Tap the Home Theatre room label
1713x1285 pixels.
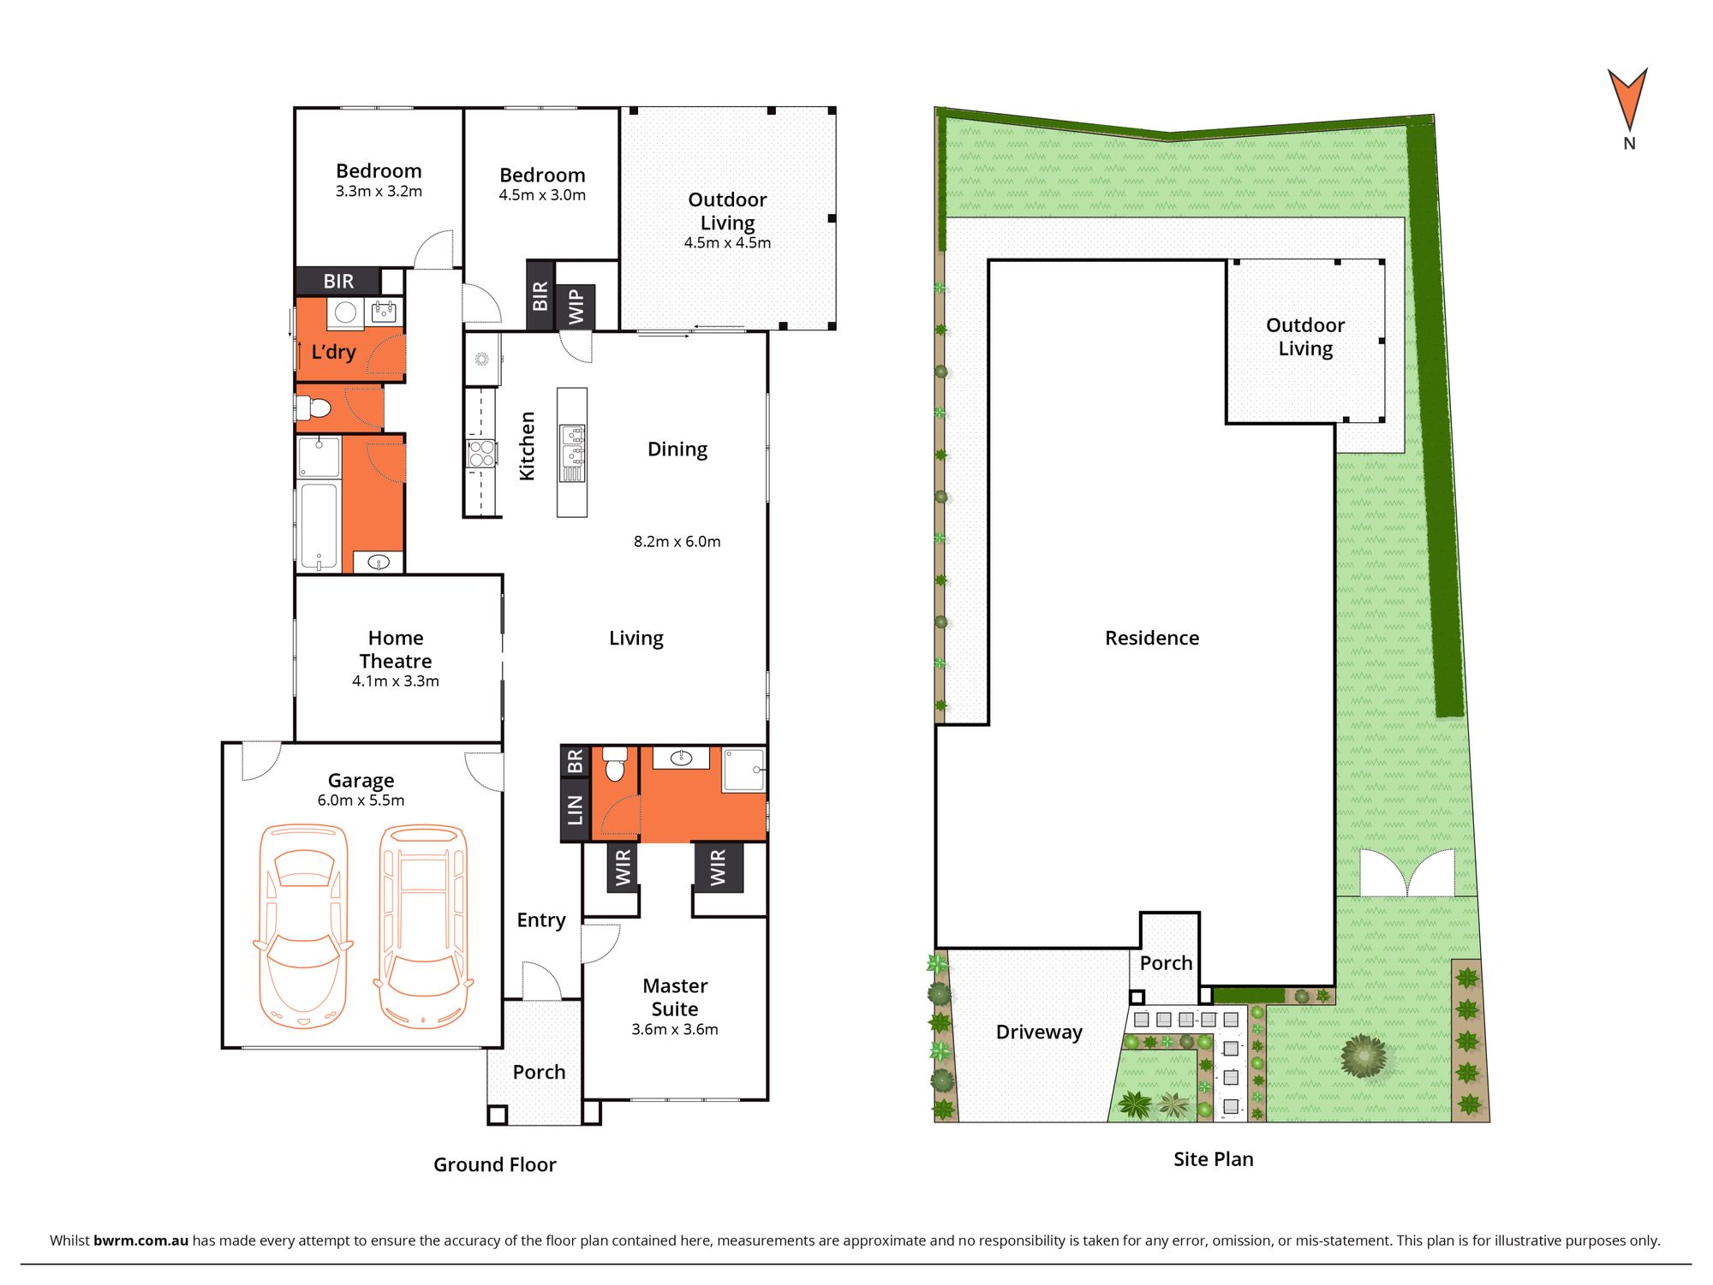tap(396, 650)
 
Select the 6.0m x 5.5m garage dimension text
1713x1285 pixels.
tap(361, 800)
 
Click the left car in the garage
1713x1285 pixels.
tap(303, 925)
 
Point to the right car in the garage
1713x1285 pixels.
tap(423, 925)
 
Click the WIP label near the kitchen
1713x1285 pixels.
tap(576, 306)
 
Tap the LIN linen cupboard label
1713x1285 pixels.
tap(575, 810)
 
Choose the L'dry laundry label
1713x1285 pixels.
tap(333, 352)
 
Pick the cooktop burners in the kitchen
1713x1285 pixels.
tap(481, 454)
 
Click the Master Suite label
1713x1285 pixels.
tap(675, 997)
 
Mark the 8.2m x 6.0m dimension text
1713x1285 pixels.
tap(677, 542)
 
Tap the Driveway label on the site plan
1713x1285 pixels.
tap(1039, 1032)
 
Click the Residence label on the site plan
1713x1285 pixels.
tap(1152, 638)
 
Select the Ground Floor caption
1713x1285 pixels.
tap(494, 1164)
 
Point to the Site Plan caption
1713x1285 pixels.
tap(1213, 1159)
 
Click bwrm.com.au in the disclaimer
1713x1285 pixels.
tap(140, 1240)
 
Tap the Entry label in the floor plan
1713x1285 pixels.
tap(541, 920)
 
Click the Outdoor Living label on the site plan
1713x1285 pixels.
tap(1305, 337)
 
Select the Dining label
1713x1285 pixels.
tap(677, 450)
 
